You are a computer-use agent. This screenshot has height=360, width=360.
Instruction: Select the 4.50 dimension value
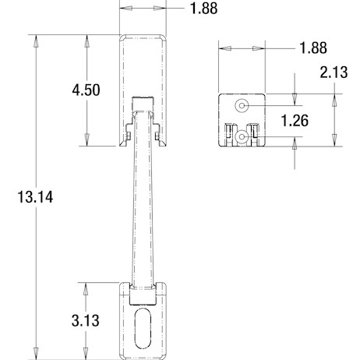(x=86, y=90)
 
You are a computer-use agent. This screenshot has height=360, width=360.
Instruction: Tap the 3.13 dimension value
(x=86, y=319)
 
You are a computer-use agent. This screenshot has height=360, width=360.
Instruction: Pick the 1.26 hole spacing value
(x=295, y=121)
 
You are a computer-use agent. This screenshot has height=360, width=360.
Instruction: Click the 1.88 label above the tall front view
(x=203, y=9)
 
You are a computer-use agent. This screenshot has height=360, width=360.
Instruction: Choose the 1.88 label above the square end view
(x=312, y=48)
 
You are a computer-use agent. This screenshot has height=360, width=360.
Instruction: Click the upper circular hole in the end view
(x=242, y=105)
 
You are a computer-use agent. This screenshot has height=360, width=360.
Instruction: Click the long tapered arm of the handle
(x=141, y=203)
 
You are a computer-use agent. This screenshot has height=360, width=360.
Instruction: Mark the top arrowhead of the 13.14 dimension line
(x=34, y=38)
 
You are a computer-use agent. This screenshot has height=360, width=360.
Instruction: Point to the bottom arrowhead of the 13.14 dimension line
(x=34, y=354)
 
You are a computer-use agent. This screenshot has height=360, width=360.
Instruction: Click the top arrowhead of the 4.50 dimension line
(x=86, y=38)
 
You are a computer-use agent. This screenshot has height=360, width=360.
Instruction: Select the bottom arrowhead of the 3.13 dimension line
(x=86, y=354)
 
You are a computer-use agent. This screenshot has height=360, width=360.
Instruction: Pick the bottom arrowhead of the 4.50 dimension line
(x=86, y=142)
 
